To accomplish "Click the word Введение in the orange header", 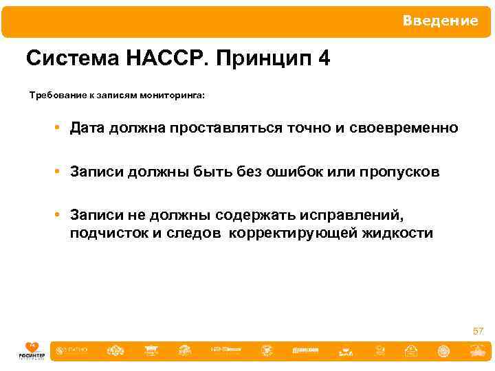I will [x=440, y=21].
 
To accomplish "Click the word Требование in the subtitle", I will [x=57, y=96].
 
